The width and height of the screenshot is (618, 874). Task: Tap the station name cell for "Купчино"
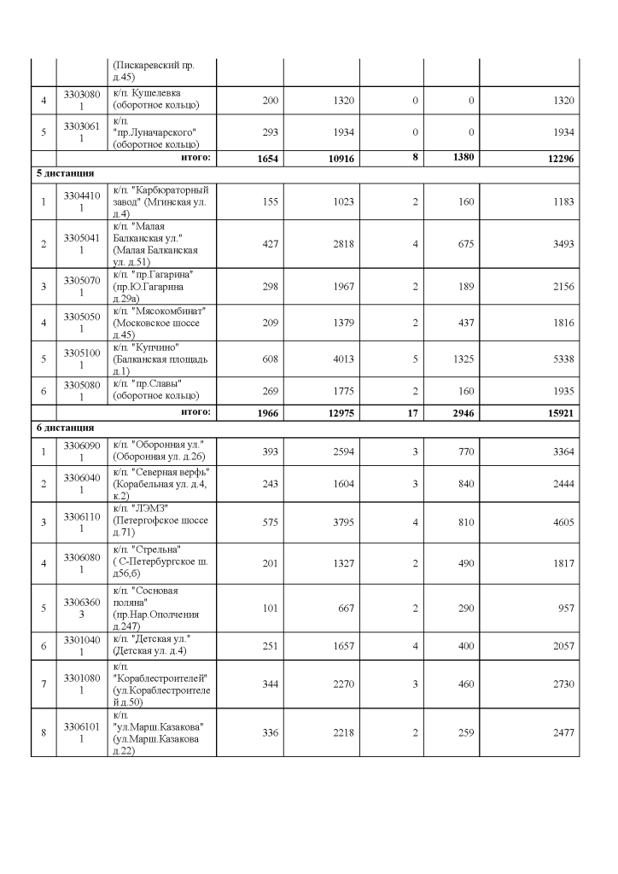tap(160, 358)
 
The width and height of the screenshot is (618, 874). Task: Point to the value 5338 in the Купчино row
tap(561, 359)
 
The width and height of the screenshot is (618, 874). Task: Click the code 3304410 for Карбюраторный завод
tap(82, 201)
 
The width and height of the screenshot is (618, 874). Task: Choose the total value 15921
tap(556, 413)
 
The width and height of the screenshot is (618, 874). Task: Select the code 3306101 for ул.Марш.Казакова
tap(82, 732)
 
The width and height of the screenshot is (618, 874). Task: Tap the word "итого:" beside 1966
tap(195, 412)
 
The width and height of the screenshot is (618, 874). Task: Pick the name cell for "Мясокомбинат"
tap(160, 322)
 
